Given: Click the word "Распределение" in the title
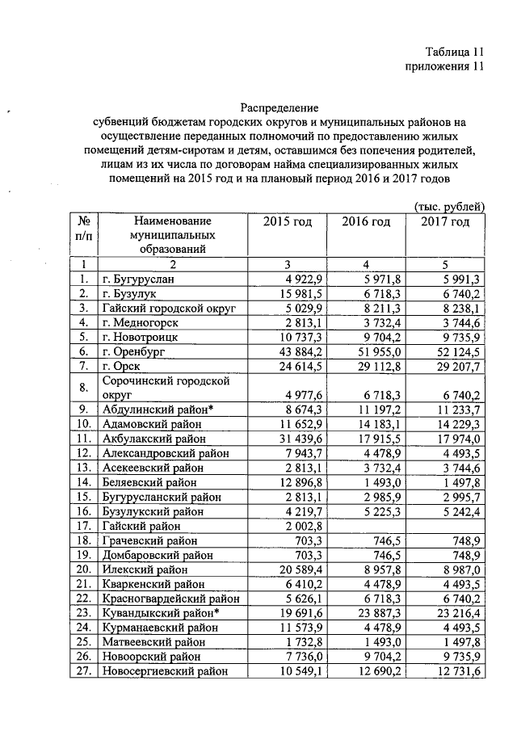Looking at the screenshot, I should (x=280, y=107).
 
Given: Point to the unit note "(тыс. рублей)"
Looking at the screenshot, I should (x=450, y=207).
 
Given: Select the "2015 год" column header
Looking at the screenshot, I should (x=288, y=221).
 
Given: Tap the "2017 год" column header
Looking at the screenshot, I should (x=445, y=221).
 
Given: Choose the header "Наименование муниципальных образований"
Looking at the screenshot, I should (x=172, y=234).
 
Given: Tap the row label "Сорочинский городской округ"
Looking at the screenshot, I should (x=166, y=387).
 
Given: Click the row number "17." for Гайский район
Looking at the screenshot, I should (x=82, y=527).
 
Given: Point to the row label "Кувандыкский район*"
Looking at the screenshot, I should (x=162, y=614).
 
